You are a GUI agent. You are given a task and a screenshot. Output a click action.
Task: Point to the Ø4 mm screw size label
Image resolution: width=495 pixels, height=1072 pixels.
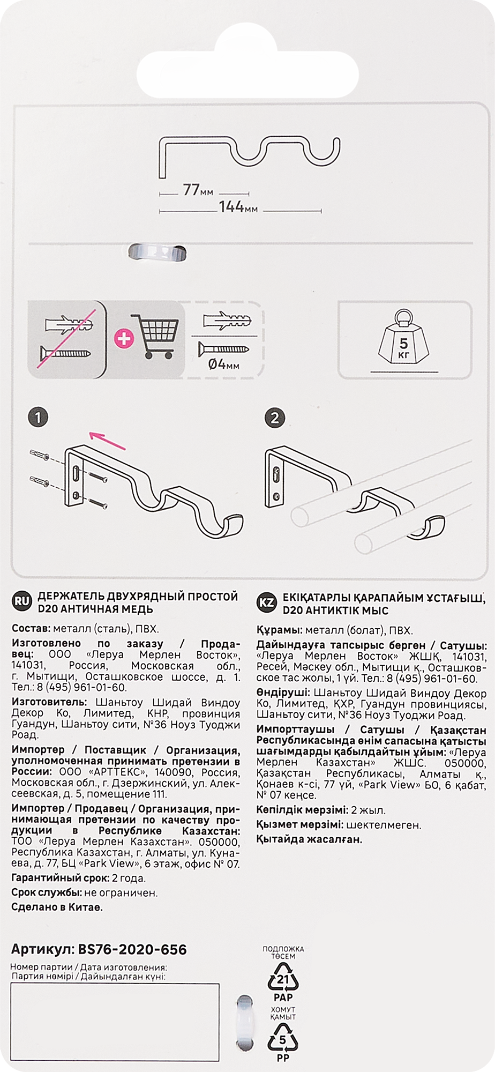[224, 366]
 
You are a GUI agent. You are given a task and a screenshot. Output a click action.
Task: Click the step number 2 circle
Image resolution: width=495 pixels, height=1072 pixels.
[275, 418]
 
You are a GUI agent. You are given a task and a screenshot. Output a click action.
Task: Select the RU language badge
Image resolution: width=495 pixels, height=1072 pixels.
[20, 602]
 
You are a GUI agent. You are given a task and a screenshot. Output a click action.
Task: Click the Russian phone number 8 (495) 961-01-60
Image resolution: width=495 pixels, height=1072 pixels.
[80, 688]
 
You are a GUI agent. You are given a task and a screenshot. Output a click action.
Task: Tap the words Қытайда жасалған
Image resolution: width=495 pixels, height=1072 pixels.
[309, 839]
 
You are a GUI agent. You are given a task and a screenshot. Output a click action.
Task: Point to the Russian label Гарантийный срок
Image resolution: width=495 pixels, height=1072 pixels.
[58, 879]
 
